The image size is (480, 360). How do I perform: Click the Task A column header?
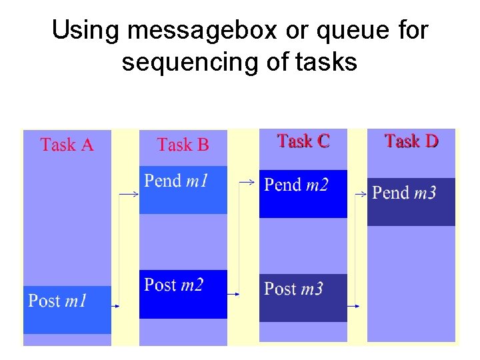click(x=67, y=145)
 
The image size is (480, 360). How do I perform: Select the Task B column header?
click(x=183, y=145)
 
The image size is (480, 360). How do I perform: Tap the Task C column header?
click(x=303, y=141)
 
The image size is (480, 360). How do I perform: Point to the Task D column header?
click(x=411, y=141)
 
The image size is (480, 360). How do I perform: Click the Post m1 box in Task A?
click(x=67, y=309)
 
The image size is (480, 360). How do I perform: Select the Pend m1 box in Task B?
click(x=183, y=189)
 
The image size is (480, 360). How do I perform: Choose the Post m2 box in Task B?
click(x=183, y=294)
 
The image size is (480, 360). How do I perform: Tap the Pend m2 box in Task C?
click(x=303, y=193)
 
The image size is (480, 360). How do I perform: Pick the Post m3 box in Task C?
click(x=303, y=297)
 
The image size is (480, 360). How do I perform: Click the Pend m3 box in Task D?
click(x=411, y=201)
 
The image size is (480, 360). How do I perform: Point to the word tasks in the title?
click(x=325, y=62)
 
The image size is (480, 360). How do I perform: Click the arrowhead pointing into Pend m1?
click(x=136, y=194)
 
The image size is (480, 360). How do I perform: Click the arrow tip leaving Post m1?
click(x=117, y=306)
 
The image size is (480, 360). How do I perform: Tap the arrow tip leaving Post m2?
click(x=238, y=293)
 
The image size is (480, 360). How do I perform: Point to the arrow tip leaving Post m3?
click(x=357, y=306)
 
